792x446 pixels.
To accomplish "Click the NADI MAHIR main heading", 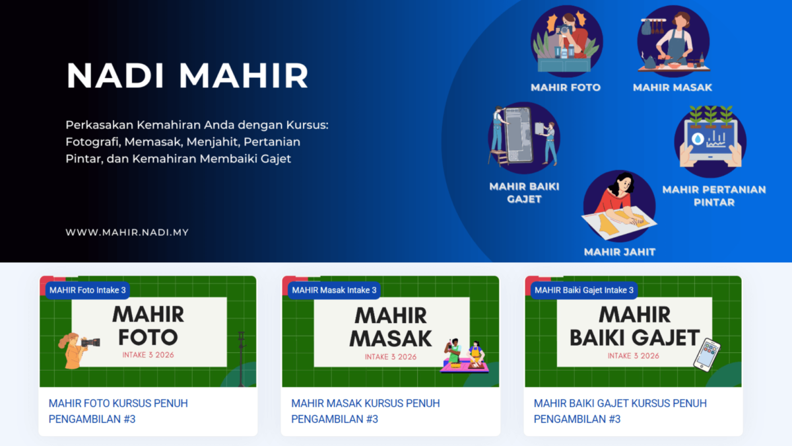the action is point(187,75).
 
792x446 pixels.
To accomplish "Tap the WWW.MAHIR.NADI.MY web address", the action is point(127,233).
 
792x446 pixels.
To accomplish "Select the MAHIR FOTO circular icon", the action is point(566,41).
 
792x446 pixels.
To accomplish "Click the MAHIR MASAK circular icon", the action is point(673,41).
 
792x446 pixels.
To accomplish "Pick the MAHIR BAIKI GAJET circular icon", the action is point(524,137).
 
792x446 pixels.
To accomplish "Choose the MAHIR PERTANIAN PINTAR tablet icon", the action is point(710,141).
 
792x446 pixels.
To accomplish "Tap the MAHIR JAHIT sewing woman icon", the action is point(620,206).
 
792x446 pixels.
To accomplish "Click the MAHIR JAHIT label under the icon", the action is point(620,252).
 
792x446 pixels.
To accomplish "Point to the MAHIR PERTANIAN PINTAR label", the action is point(714,196).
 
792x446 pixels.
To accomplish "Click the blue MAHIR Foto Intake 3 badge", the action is point(88,290).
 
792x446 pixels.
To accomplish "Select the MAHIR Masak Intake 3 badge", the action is point(334,290).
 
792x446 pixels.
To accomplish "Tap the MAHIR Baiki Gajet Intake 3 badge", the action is point(584,290).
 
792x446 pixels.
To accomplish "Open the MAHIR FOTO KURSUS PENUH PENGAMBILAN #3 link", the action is point(118,411).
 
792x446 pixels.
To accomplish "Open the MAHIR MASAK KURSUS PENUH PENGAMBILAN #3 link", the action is point(365,411).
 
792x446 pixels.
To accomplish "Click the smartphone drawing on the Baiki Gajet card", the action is point(706,355).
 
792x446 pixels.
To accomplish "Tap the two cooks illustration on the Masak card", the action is point(465,355).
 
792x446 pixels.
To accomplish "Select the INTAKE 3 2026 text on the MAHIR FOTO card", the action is point(148,355).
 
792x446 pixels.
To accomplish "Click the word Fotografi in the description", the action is point(92,142).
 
